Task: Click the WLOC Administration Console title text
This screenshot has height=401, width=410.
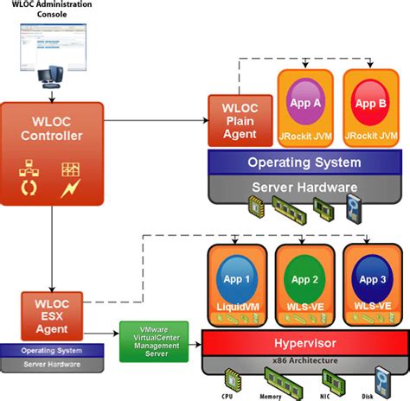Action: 52,11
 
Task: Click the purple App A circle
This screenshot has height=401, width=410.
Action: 304,103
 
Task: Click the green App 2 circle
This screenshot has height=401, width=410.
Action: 304,279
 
